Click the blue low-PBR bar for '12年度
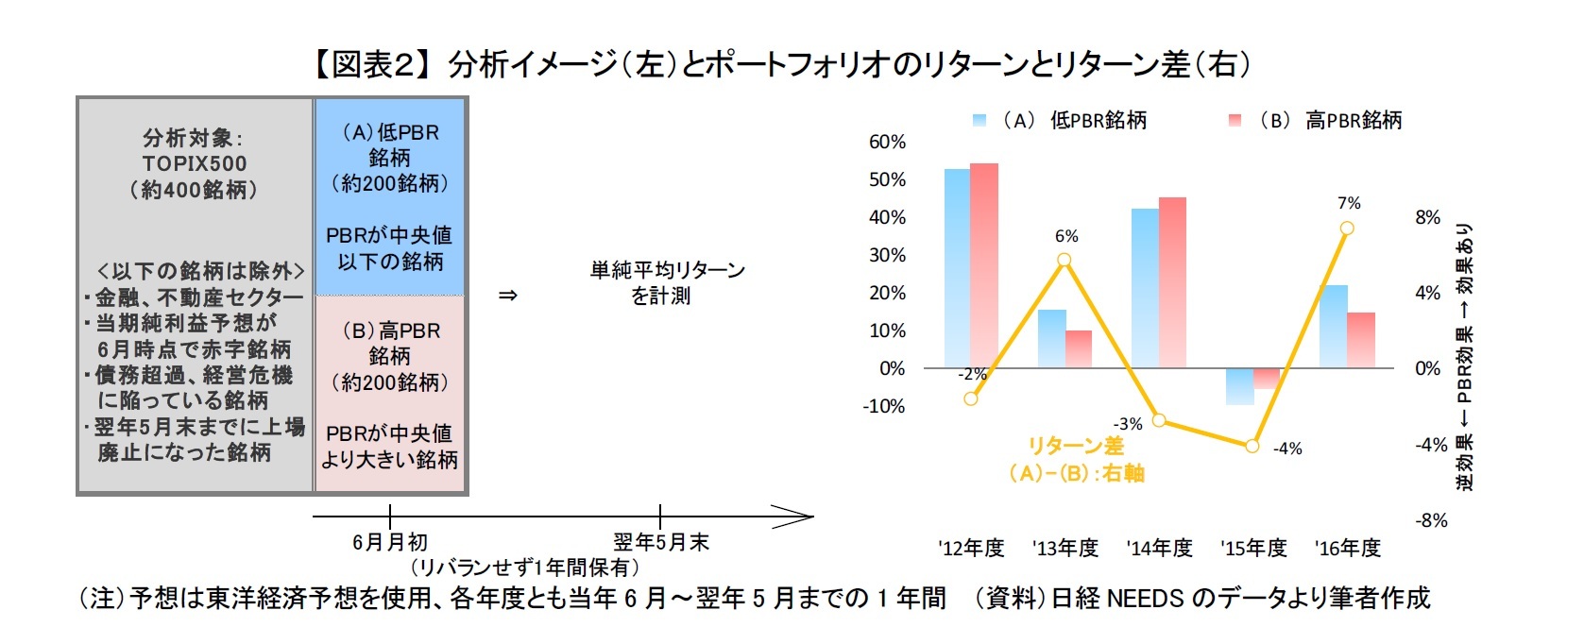coord(958,268)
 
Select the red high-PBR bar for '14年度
coord(1173,282)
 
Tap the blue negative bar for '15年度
coord(1239,386)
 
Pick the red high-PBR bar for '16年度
coord(1361,340)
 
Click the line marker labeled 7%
coord(1347,228)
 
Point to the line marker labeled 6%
coord(1065,260)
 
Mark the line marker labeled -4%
coord(1252,446)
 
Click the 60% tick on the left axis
coord(887,142)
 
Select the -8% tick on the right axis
coord(1431,520)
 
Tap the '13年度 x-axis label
coord(1065,548)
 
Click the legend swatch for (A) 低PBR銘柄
coord(979,121)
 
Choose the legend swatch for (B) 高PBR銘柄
coord(1235,121)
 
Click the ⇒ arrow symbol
coord(508,296)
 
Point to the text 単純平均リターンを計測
coord(667,283)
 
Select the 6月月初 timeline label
coord(389,542)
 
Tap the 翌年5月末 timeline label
coord(660,542)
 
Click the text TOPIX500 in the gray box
coord(195,163)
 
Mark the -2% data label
coord(972,374)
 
